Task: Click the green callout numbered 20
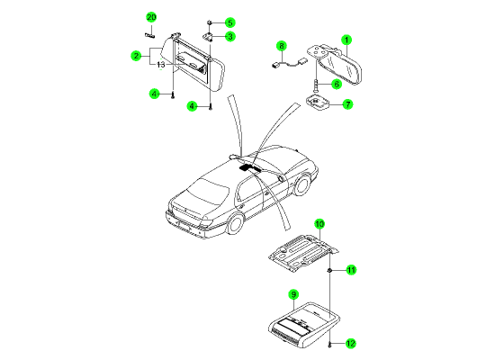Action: [151, 17]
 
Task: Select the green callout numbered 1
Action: [346, 40]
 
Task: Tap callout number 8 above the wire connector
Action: [282, 46]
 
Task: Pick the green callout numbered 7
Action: [347, 104]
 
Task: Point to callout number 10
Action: [319, 224]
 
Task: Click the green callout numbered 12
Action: [351, 343]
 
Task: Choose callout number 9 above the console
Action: [293, 295]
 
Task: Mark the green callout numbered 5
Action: [230, 22]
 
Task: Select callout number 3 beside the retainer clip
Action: [230, 37]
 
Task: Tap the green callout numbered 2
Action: [136, 56]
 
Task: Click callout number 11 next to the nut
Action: [351, 270]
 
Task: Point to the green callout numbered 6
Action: [337, 84]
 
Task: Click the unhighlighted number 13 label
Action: [161, 65]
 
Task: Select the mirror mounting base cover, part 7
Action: [318, 103]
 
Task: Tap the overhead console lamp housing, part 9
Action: [303, 325]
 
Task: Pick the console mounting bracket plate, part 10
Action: [303, 253]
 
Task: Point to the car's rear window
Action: [207, 191]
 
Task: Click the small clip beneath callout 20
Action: [149, 35]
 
